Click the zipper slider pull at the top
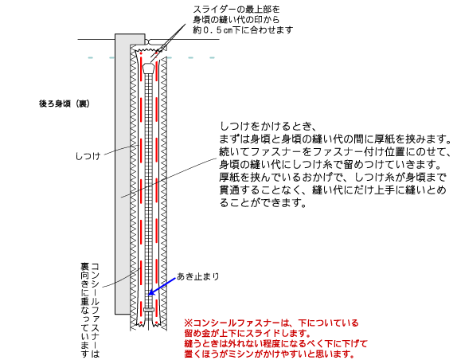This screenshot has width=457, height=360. pos(149,68)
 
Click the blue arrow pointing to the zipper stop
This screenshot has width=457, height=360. pos(162,286)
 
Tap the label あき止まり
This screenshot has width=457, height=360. pos(198,276)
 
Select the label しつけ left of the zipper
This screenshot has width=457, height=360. pos(88,156)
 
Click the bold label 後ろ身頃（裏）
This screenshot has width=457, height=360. pos(64,104)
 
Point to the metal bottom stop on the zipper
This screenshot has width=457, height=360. pos(149,310)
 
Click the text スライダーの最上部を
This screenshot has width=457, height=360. pos(236,10)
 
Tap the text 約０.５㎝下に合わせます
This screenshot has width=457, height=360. pos(243,29)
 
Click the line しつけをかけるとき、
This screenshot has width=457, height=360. pos(268,127)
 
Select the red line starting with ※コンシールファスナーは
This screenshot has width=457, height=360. pos(271,323)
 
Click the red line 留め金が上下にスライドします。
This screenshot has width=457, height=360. pos(247,333)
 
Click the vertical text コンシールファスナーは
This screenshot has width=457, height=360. pos(96,310)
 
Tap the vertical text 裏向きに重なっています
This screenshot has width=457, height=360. pos(85,310)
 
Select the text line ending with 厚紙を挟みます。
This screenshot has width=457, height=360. pos(335,139)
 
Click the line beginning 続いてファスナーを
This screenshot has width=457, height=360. pos(335,152)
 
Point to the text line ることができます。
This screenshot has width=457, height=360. pos(264,202)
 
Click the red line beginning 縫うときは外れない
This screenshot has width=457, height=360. pos(275,344)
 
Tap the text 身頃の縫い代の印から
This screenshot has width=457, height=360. pos(236,20)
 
